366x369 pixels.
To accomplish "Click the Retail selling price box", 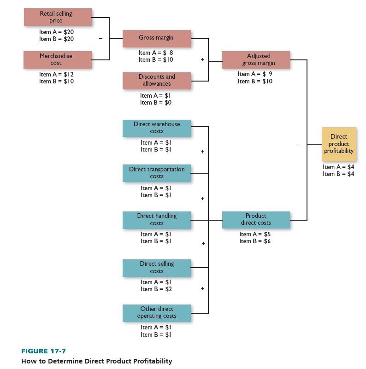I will coord(58,17).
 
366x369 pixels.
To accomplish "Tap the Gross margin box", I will coord(157,38).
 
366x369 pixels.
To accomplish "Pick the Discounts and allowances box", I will coord(157,81).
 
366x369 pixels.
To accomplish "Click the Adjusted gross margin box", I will coord(256,59).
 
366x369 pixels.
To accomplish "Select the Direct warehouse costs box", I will coord(157,128).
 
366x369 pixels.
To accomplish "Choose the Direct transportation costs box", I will coord(157,173).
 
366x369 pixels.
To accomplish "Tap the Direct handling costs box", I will coord(157,220).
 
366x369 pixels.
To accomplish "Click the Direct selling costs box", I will coord(157,268).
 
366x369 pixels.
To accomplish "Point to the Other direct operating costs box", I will coord(157,313).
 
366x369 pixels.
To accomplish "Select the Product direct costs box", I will coord(256,220).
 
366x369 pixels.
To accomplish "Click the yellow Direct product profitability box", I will coord(339,144).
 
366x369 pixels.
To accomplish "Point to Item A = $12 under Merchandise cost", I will coord(56,74).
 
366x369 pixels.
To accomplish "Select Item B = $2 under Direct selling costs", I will coord(157,289).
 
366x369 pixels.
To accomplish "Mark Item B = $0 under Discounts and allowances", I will coord(156,103).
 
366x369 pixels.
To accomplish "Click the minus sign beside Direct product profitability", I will coord(297,145).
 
